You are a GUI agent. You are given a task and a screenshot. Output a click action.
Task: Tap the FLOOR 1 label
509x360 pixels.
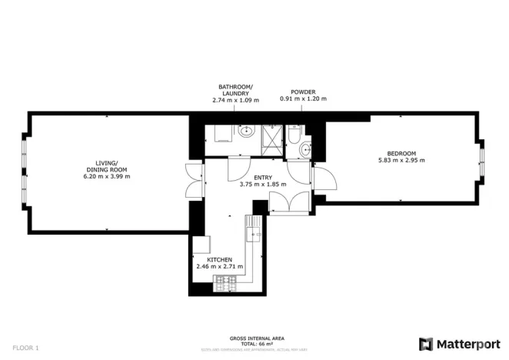click(26, 348)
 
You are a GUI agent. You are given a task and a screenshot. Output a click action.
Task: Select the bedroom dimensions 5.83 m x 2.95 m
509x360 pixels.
click(401, 160)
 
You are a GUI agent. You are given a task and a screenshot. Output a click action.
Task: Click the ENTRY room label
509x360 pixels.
click(262, 178)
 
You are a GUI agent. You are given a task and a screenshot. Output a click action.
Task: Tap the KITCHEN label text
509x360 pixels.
click(219, 260)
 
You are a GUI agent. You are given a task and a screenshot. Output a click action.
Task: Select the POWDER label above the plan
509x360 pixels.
click(302, 92)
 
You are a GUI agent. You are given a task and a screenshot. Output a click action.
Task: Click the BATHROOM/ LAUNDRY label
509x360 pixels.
click(235, 92)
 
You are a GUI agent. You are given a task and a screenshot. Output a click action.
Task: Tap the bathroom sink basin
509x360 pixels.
click(246, 132)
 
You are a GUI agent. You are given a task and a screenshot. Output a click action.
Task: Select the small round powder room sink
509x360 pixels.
click(308, 148)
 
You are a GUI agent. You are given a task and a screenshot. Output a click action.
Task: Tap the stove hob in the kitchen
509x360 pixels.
click(225, 281)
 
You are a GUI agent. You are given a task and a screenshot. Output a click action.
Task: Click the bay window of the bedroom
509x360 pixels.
click(482, 163)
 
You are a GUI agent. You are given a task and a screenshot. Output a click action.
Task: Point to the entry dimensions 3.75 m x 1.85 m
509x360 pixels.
click(262, 185)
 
